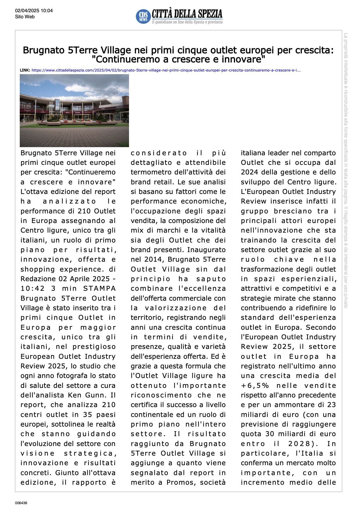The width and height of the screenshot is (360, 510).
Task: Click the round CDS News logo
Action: click(143, 16)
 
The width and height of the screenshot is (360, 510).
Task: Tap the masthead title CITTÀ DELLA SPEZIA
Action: click(187, 14)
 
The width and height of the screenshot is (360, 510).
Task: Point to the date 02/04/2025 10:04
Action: click(34, 11)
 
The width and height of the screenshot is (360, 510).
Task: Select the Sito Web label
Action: click(25, 17)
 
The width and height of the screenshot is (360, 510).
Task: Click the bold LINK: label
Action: click(25, 70)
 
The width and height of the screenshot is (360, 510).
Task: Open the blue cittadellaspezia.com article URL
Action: click(166, 70)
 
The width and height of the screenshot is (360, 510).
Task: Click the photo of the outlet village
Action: click(74, 110)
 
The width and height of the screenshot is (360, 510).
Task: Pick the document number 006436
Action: click(21, 503)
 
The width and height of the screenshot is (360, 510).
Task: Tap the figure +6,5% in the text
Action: click(255, 386)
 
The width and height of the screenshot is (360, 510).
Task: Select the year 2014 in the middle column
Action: click(154, 259)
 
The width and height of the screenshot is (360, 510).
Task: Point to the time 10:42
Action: click(33, 288)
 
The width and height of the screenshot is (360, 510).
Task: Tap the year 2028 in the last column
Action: click(300, 444)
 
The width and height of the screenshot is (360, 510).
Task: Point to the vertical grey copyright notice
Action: click(346, 170)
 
